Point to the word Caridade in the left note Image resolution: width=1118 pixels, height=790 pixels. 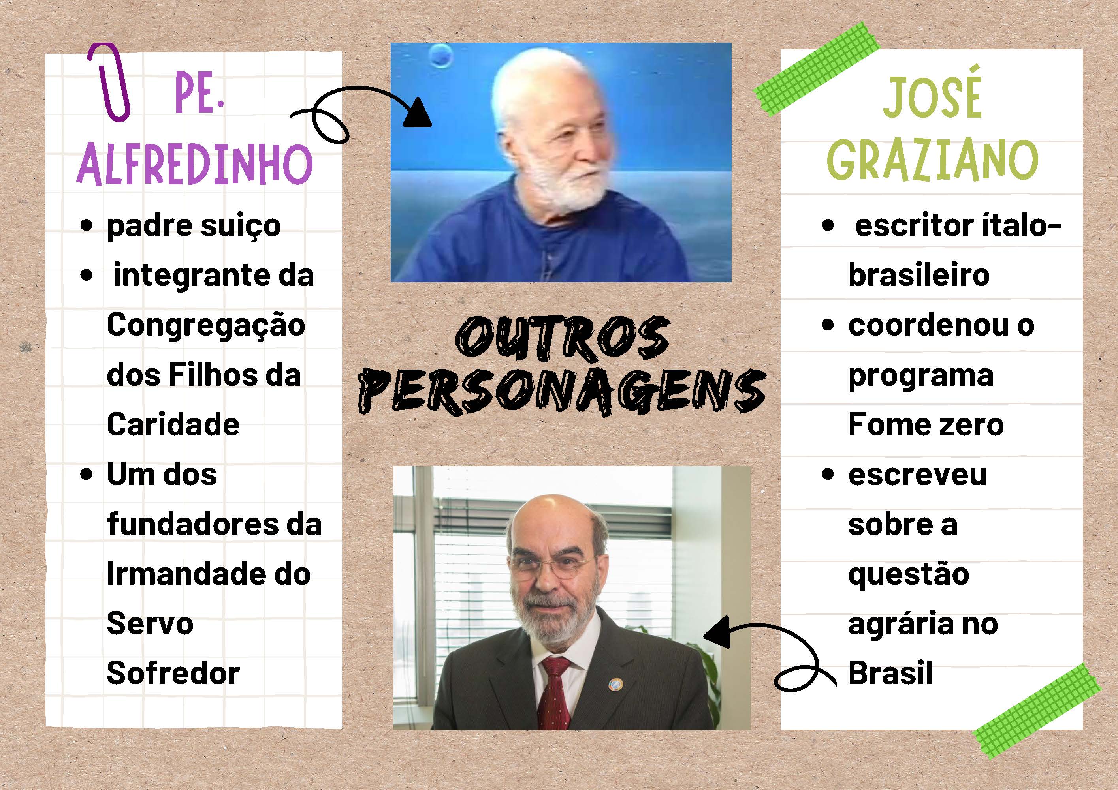click(x=173, y=424)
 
